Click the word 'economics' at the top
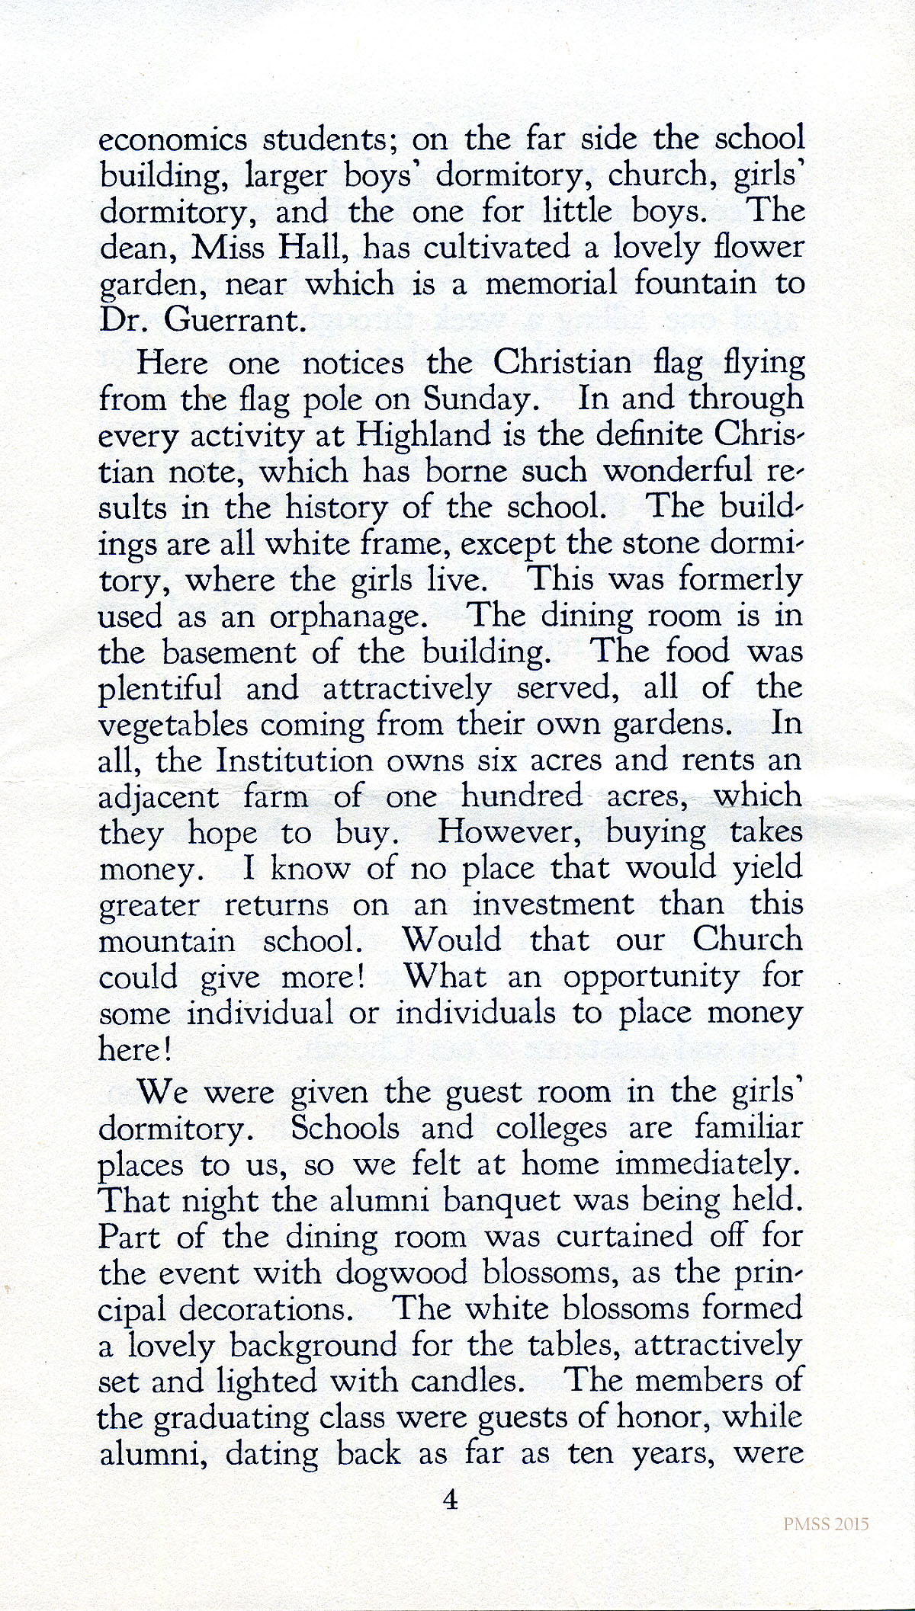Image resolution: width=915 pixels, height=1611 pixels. pos(174,140)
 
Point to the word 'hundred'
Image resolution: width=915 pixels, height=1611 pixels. pos(519,796)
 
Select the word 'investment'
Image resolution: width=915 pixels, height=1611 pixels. pos(553,905)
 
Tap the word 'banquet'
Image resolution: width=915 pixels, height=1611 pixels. pos(518,1202)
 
